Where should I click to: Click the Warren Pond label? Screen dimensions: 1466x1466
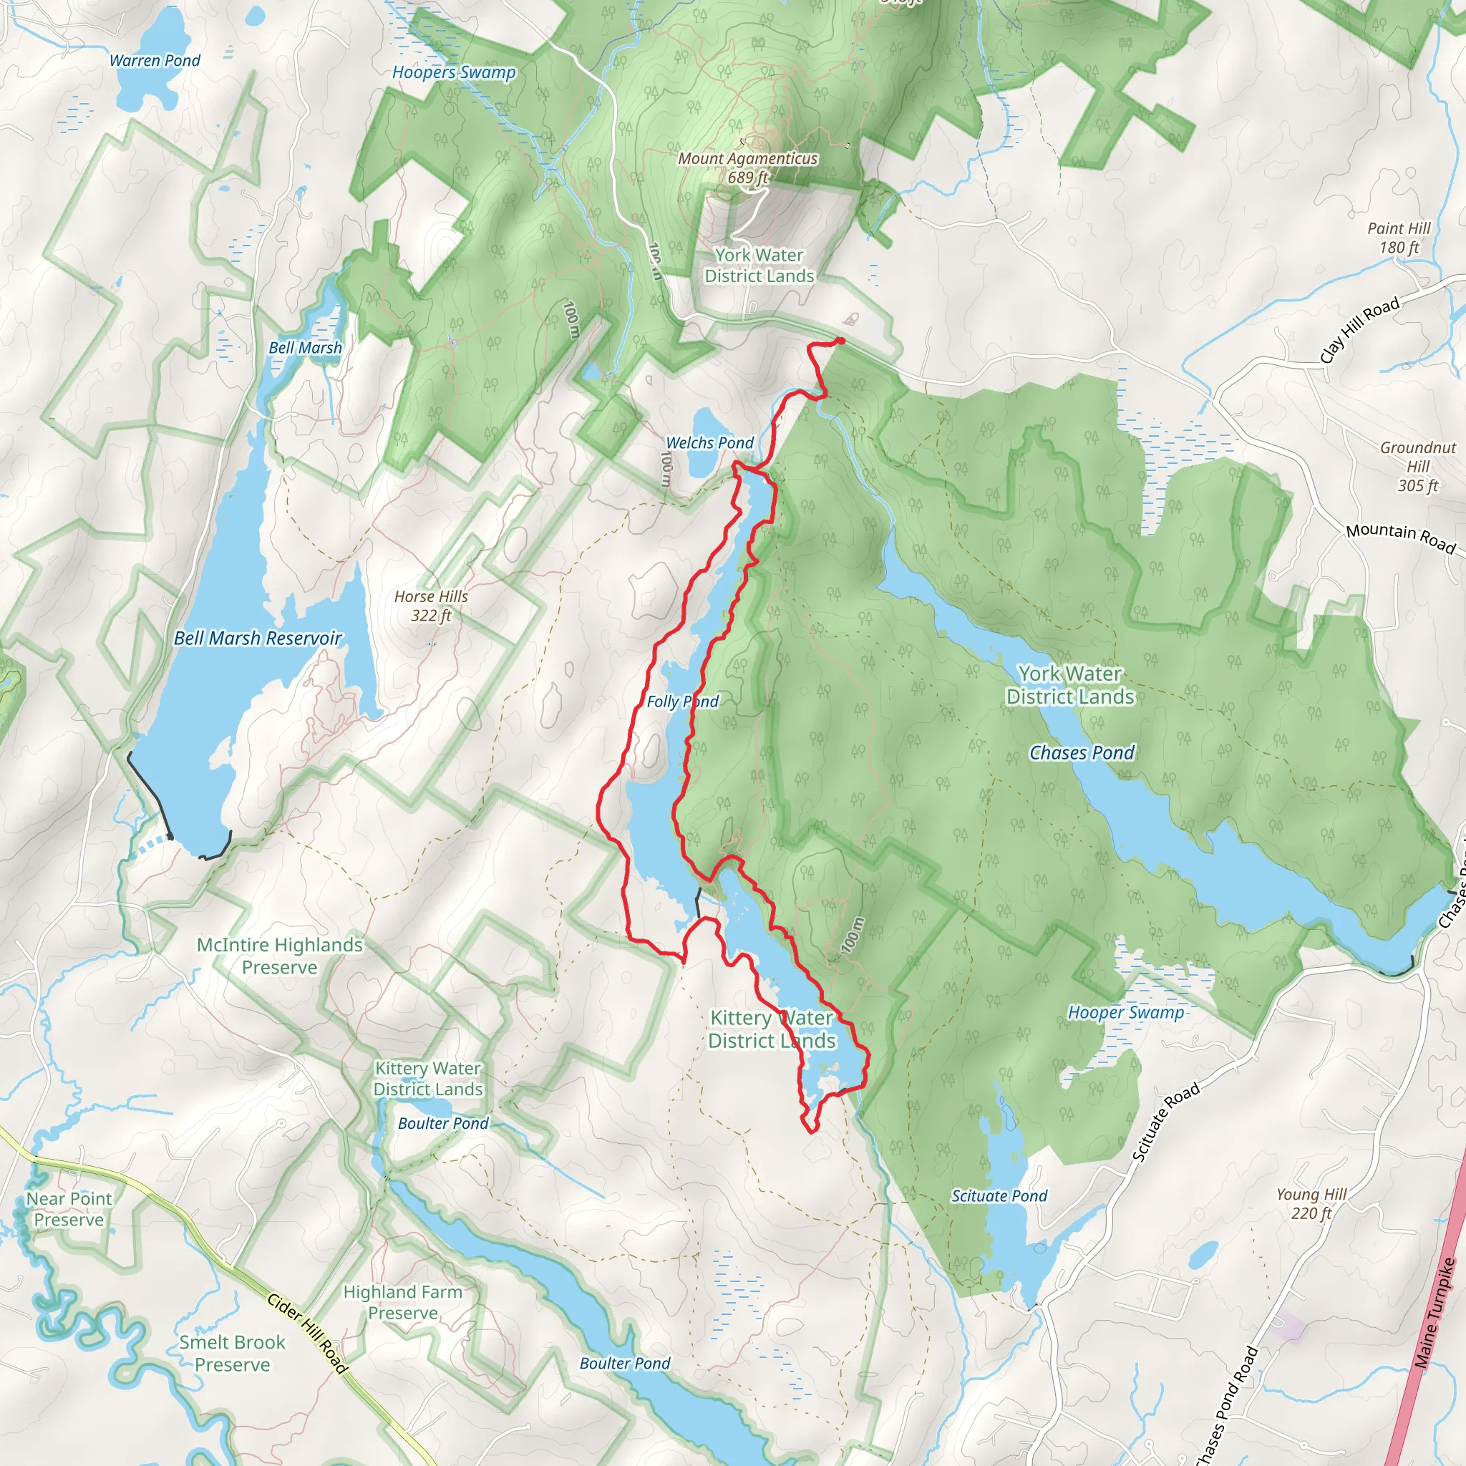coord(155,61)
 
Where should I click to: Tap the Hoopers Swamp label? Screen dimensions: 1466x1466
coord(453,73)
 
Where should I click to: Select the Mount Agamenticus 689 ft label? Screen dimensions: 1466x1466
coord(747,168)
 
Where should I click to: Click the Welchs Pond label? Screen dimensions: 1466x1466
coord(709,442)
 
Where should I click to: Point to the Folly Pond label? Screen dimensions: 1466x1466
coord(681,702)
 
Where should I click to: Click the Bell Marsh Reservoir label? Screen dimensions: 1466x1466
coord(258,638)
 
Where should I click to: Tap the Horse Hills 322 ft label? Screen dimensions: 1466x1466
coord(431,606)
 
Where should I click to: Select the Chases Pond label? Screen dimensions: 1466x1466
coord(1082,753)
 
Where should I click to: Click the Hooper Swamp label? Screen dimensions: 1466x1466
coord(1125,1012)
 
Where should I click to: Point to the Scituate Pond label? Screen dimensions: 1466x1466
coord(999,1196)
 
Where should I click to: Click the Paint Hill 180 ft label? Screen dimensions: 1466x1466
coord(1399,238)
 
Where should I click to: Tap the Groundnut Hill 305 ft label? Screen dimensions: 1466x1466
coord(1417,467)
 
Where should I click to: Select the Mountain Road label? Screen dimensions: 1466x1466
coord(1401,538)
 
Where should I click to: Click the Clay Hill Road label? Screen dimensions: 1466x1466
coord(1359,330)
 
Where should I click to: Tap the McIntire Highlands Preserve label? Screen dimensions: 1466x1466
coord(279,956)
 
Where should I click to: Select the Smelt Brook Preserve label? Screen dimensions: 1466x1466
coord(232,1353)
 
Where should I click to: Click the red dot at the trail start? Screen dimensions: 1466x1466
coord(840,341)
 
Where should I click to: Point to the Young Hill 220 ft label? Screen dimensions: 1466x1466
coord(1311,1203)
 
